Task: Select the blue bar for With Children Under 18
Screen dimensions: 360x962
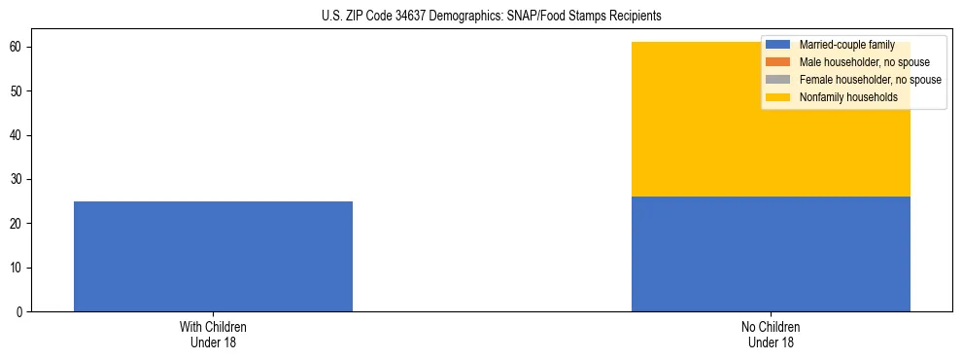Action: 213,256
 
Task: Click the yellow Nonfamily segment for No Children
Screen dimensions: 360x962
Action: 771,146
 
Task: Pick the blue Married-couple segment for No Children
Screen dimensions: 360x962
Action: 771,254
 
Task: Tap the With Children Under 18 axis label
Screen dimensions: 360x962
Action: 213,335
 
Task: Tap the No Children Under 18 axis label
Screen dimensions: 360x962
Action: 771,335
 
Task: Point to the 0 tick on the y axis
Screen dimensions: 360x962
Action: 19,312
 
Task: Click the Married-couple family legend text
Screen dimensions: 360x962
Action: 846,45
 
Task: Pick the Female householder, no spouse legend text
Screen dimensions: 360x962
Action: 870,80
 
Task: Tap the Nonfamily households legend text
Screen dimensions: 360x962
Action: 848,97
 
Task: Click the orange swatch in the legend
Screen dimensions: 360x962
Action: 778,62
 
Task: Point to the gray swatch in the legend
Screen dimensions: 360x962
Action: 778,80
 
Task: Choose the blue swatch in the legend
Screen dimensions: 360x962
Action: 778,45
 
